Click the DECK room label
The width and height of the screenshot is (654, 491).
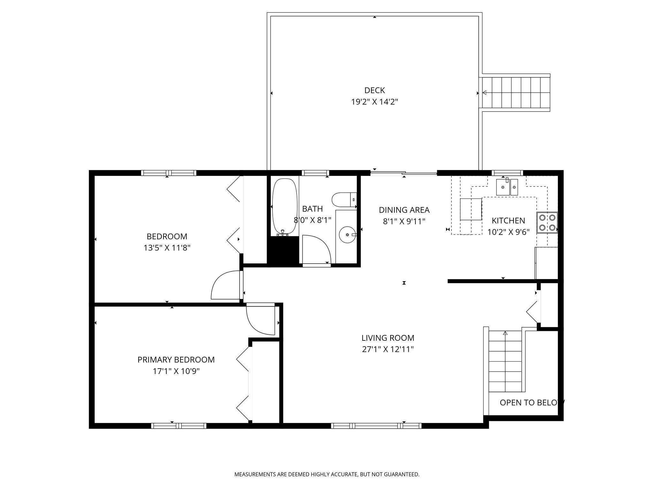[375, 90]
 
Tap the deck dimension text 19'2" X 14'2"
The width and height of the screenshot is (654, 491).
[375, 102]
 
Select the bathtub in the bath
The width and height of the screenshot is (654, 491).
[285, 207]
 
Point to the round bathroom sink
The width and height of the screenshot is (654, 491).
[347, 234]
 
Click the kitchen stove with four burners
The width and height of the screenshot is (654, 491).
[547, 223]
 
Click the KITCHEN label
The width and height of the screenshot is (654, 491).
[508, 221]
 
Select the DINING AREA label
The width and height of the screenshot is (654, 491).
[404, 210]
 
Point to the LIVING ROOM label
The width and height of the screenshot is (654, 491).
[388, 338]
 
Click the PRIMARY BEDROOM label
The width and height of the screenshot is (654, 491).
[176, 360]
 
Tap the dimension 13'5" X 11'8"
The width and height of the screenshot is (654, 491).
[167, 248]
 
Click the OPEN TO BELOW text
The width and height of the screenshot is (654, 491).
[532, 402]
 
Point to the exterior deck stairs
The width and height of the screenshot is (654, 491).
[516, 93]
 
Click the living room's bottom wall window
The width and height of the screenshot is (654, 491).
[376, 425]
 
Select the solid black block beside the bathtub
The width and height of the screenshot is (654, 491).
[283, 251]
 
